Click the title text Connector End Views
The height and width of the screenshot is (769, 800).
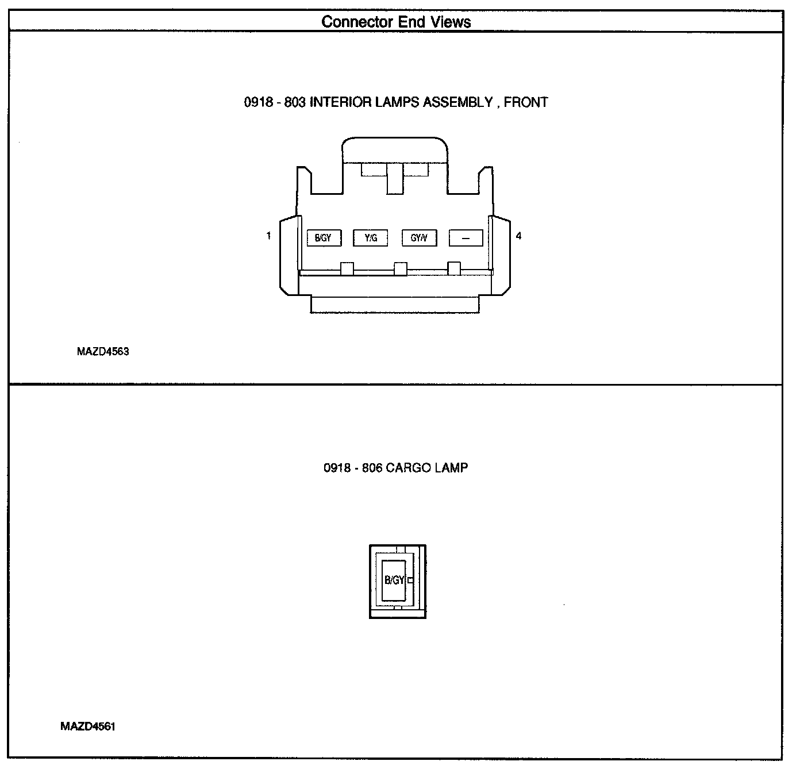[396, 22]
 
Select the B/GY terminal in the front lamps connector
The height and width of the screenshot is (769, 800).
[323, 238]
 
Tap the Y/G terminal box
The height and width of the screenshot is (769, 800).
[371, 238]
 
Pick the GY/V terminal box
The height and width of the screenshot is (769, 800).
[418, 238]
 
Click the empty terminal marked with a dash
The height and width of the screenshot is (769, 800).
[466, 238]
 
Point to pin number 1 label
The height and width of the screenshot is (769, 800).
[268, 236]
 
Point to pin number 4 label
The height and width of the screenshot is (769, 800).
[518, 236]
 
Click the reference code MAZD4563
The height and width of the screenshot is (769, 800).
[103, 352]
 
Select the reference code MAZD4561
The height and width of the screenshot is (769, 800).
[88, 726]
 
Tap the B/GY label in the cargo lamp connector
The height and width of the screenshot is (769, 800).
[394, 580]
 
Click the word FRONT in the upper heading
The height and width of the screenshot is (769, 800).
[526, 102]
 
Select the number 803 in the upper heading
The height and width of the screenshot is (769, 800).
[295, 102]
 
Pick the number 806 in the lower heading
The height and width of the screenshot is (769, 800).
[372, 468]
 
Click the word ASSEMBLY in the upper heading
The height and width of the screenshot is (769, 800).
[457, 102]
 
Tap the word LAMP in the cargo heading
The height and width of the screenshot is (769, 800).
[451, 468]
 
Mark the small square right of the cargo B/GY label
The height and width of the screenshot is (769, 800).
[410, 580]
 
